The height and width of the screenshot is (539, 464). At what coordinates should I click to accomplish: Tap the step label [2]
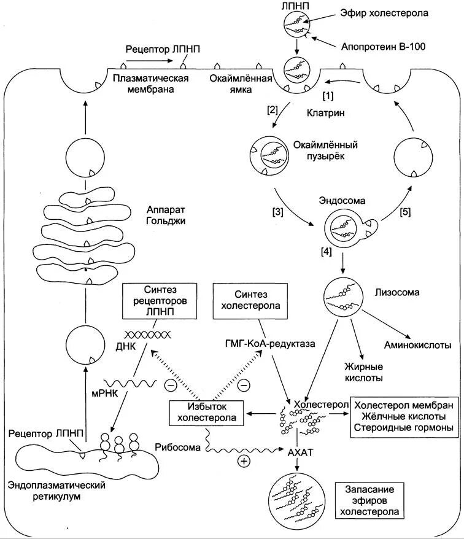coord(273,111)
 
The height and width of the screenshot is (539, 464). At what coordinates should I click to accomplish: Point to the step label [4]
coord(325,252)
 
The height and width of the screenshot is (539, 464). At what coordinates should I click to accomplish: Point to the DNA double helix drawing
coord(148,335)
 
